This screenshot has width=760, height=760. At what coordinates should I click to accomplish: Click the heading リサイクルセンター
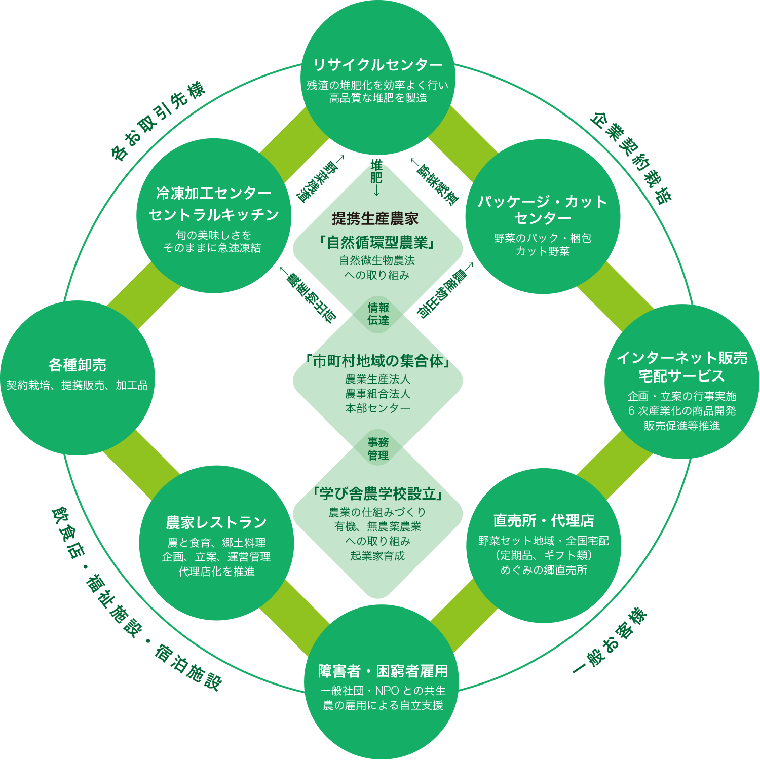[x=378, y=65]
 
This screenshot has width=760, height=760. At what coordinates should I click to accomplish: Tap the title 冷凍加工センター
[x=214, y=193]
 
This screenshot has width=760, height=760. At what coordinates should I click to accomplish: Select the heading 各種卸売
[x=78, y=365]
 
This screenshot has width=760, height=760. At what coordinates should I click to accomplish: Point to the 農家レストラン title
[x=216, y=522]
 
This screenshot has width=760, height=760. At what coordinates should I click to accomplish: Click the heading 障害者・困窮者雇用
[x=383, y=671]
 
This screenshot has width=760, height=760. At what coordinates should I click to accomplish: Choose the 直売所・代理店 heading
[x=544, y=520]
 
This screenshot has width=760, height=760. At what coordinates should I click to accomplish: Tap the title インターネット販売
[x=682, y=358]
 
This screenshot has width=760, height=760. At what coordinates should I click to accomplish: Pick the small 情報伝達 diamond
[x=378, y=314]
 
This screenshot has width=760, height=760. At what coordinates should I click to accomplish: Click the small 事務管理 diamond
[x=378, y=449]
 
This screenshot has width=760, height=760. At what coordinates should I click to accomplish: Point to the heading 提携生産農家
[x=375, y=219]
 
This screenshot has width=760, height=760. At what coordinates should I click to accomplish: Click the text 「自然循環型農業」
[x=377, y=243]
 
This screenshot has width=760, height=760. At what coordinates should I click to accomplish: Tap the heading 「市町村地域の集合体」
[x=377, y=361]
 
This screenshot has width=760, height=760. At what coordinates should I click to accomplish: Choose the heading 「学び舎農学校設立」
[x=378, y=493]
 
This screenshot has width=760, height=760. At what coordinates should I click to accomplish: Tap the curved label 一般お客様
[x=611, y=641]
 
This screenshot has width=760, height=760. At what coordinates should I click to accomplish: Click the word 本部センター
[x=378, y=408]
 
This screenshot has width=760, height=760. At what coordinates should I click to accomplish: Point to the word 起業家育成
[x=378, y=556]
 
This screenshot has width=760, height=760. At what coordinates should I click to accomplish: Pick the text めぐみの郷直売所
[x=544, y=570]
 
